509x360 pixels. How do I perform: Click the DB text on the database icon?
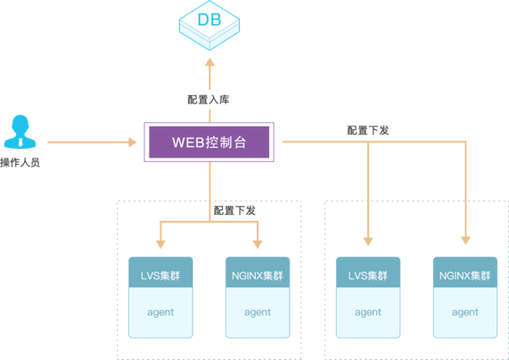(x=209, y=20)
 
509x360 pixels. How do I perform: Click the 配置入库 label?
(x=209, y=100)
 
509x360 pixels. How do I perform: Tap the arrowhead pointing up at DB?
(x=209, y=62)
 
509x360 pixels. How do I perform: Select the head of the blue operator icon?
(x=21, y=125)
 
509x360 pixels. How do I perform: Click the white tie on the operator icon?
(x=21, y=142)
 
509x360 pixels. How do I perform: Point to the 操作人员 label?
(x=21, y=162)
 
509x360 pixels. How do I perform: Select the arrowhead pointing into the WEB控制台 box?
(x=133, y=143)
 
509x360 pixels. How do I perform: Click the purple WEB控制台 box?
(x=209, y=143)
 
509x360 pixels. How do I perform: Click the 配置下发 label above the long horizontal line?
(x=368, y=130)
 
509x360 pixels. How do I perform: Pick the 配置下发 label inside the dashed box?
(x=234, y=210)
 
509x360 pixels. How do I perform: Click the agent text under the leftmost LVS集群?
(x=160, y=313)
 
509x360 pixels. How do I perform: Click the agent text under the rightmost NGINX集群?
(x=465, y=313)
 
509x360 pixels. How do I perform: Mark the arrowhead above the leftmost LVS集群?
(x=160, y=244)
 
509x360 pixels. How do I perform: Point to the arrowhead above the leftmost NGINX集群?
(x=258, y=244)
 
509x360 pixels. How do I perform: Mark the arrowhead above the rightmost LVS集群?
(x=368, y=241)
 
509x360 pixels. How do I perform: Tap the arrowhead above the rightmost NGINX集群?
(x=466, y=241)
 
